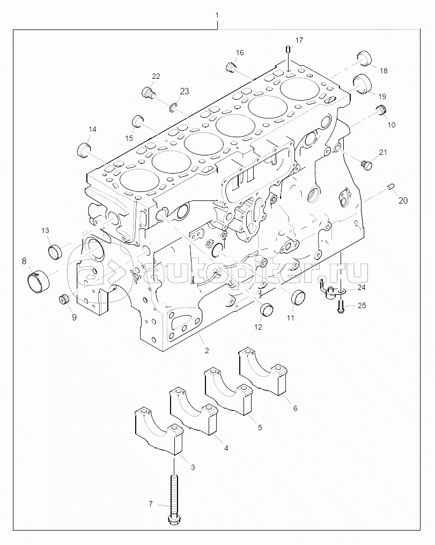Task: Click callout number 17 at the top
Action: click(299, 40)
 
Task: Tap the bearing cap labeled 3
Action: click(157, 429)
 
